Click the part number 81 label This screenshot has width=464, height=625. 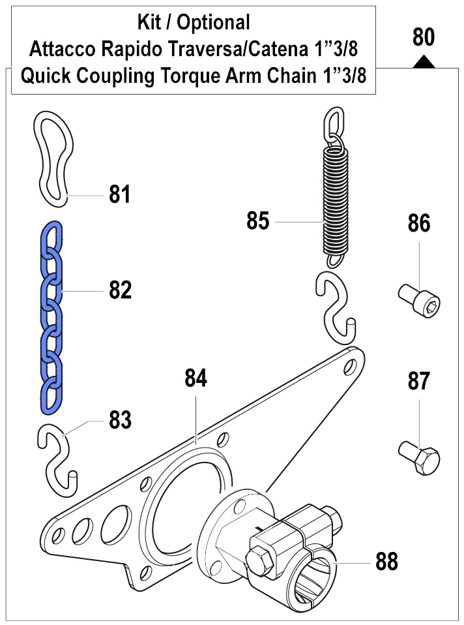[119, 194]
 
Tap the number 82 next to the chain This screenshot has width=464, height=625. [120, 290]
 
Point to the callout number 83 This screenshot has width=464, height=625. [120, 420]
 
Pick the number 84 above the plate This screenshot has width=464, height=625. [196, 378]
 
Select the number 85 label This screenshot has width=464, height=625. [258, 221]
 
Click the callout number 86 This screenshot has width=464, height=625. [419, 223]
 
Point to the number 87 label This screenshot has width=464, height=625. [419, 381]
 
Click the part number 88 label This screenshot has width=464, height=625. [387, 560]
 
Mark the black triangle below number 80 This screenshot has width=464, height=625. [424, 61]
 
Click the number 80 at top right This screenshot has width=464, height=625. [424, 37]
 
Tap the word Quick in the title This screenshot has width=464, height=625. [46, 76]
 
